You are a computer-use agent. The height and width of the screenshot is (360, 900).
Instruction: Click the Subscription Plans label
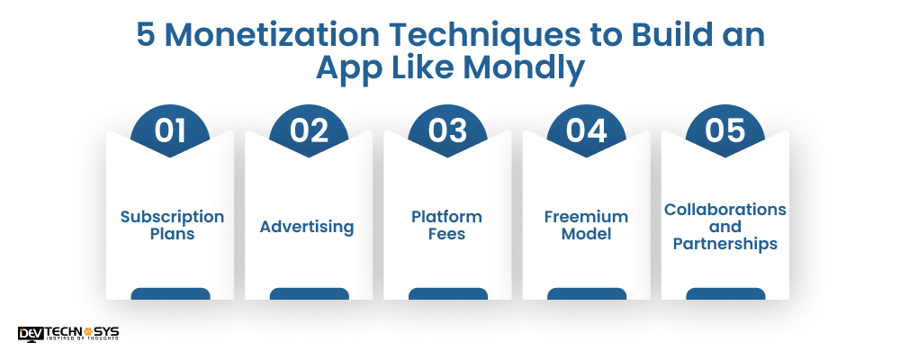pyautogui.click(x=172, y=225)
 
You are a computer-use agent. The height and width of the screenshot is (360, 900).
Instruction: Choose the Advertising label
pyautogui.click(x=307, y=226)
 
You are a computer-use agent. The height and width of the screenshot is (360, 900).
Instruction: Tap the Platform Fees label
pyautogui.click(x=446, y=225)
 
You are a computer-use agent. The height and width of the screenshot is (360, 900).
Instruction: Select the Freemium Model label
pyautogui.click(x=586, y=225)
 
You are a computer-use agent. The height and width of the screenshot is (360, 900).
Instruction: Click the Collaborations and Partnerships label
pyautogui.click(x=725, y=226)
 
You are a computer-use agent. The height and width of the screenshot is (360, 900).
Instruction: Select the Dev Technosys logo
pyautogui.click(x=67, y=333)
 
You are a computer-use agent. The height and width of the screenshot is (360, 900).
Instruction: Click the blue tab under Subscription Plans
pyautogui.click(x=170, y=293)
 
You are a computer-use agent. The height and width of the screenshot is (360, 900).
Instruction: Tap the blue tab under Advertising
pyautogui.click(x=309, y=293)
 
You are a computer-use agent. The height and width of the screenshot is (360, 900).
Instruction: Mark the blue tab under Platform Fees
pyautogui.click(x=447, y=293)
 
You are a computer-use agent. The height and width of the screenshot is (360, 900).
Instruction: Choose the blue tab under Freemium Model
pyautogui.click(x=586, y=293)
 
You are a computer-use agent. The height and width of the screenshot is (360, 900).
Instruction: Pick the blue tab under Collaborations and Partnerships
pyautogui.click(x=725, y=293)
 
